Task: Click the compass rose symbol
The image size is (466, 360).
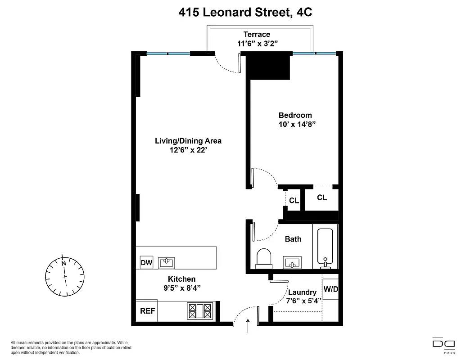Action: click(x=65, y=275)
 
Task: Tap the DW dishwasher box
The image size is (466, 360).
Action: click(x=146, y=263)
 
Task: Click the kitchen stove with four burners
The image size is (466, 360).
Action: click(x=199, y=310)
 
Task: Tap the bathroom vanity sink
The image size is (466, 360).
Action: click(x=293, y=262)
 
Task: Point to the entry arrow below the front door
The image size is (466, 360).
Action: click(x=249, y=326)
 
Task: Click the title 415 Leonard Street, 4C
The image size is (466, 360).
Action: click(x=245, y=12)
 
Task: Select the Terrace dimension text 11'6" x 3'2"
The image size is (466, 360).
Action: click(x=258, y=44)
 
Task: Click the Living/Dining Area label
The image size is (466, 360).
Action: click(x=188, y=141)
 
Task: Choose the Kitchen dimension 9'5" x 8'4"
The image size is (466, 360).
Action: click(x=181, y=288)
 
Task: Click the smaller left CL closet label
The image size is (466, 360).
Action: click(x=294, y=201)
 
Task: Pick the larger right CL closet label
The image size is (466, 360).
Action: click(x=322, y=198)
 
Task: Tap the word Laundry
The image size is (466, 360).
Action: click(x=302, y=292)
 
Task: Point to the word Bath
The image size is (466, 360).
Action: click(x=293, y=239)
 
